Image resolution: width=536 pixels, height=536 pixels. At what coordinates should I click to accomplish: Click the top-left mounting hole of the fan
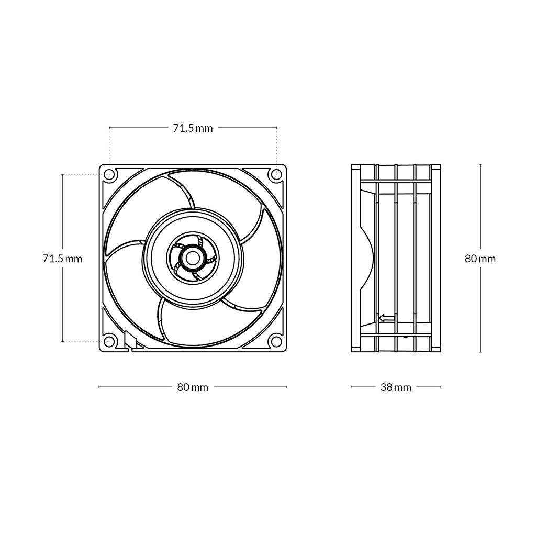tap(109, 174)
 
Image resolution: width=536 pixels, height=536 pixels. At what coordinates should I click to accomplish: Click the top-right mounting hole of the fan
tap(276, 174)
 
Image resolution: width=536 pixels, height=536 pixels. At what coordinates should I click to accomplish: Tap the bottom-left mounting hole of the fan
tap(109, 341)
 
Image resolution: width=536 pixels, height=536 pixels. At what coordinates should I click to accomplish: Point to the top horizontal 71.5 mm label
tap(193, 128)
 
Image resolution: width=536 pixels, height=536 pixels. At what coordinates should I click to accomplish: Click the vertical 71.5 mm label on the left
tap(62, 259)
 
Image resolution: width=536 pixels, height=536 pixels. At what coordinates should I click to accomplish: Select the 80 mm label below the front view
tap(193, 388)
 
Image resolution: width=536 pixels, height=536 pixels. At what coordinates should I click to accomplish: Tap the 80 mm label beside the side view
tap(480, 259)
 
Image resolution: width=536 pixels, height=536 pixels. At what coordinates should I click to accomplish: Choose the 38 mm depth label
tap(396, 388)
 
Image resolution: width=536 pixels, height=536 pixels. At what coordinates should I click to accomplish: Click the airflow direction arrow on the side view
tap(386, 317)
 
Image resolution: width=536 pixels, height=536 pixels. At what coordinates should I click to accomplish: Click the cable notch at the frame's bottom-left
tap(129, 341)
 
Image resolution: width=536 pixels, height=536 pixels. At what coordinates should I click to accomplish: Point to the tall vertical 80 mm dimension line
tap(480, 209)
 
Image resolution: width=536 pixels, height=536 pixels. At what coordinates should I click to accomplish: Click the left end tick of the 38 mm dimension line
tap(351, 387)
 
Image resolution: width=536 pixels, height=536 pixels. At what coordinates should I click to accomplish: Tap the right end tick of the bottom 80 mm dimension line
tap(287, 387)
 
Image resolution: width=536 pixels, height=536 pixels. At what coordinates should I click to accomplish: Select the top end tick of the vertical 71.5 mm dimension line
tap(62, 174)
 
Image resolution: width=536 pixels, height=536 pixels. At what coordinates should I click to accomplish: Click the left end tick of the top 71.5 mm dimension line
tap(109, 127)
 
